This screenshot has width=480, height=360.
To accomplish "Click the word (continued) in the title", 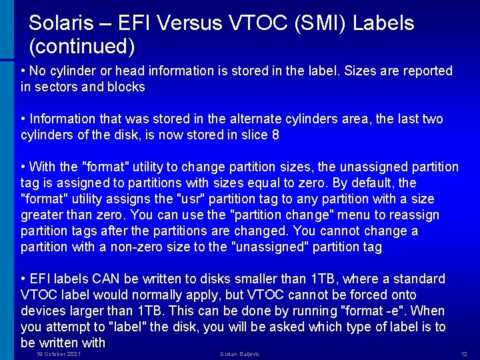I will [x=82, y=47].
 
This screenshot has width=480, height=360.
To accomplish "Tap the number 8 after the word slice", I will [x=275, y=135].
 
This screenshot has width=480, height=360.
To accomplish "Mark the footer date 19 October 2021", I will [x=59, y=353].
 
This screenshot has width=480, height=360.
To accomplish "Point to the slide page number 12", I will [x=464, y=353].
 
